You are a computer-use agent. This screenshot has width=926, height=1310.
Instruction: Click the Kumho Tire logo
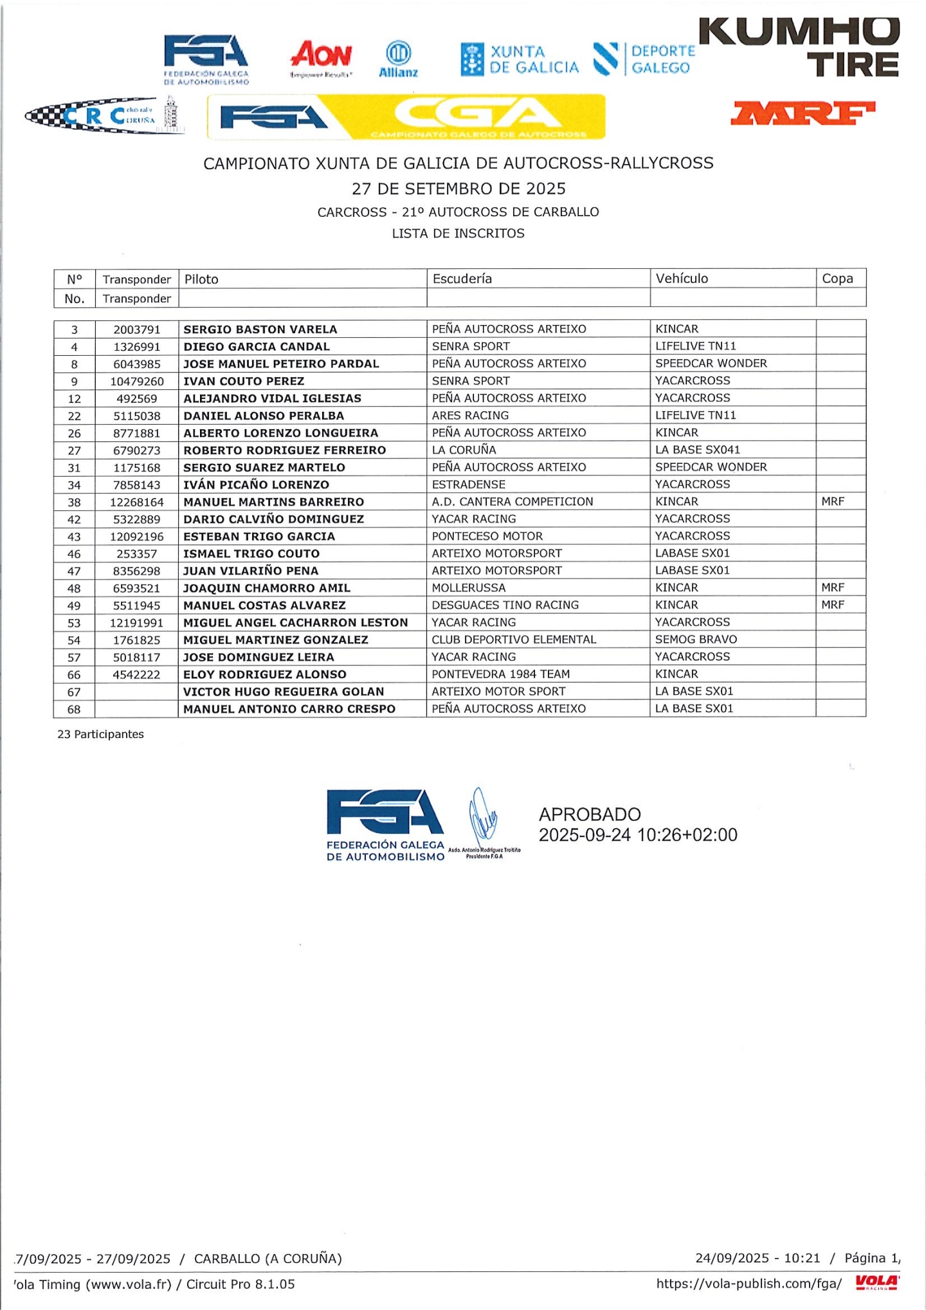(x=799, y=48)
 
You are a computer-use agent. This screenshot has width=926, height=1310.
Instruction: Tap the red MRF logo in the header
(x=803, y=113)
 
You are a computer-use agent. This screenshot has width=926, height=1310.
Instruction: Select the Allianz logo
(x=398, y=60)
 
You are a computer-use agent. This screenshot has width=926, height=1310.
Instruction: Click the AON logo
(x=322, y=57)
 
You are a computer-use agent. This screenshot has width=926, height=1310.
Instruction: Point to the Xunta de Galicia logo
(x=520, y=59)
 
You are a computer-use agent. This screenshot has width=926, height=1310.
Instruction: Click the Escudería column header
(x=462, y=279)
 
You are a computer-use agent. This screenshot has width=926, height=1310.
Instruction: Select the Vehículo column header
(x=682, y=279)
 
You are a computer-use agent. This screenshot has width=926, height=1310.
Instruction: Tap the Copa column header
(x=837, y=279)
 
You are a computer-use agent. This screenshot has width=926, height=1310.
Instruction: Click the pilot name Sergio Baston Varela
(x=260, y=329)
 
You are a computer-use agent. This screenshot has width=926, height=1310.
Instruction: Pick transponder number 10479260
(x=137, y=382)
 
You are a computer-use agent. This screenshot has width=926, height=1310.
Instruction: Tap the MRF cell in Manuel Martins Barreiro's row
(x=833, y=502)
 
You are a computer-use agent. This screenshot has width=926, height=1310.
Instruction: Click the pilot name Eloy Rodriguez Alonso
(x=265, y=674)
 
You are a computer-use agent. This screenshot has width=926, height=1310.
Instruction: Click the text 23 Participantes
(x=100, y=735)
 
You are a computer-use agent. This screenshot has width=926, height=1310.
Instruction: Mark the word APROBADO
(x=590, y=815)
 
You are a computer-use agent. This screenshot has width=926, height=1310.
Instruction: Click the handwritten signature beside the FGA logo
(x=483, y=816)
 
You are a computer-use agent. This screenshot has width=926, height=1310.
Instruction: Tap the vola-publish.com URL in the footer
(x=749, y=1284)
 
